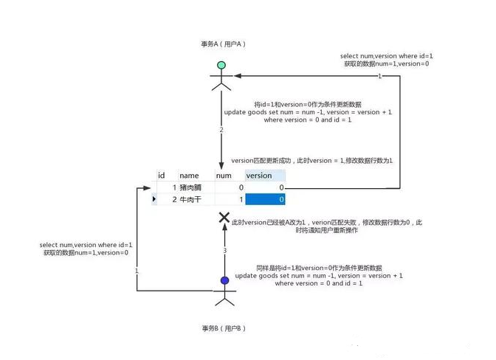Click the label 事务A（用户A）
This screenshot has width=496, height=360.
click(222, 44)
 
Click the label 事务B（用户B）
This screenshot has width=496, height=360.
click(223, 327)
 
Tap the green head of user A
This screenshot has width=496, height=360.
click(221, 66)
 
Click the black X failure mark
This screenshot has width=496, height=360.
click(224, 218)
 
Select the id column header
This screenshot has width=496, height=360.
click(161, 176)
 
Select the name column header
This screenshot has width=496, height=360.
click(189, 176)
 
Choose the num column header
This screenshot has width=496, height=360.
click(224, 176)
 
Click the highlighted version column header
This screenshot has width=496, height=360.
click(259, 176)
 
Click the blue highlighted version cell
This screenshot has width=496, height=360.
click(265, 200)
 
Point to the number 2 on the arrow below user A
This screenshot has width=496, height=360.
click(221, 130)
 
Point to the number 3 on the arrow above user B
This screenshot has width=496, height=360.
click(224, 251)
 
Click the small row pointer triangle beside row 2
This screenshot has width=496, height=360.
click(154, 200)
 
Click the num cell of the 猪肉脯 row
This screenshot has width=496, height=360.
click(229, 188)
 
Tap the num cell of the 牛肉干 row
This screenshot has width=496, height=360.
click(229, 200)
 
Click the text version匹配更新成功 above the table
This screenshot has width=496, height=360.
click(263, 161)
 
